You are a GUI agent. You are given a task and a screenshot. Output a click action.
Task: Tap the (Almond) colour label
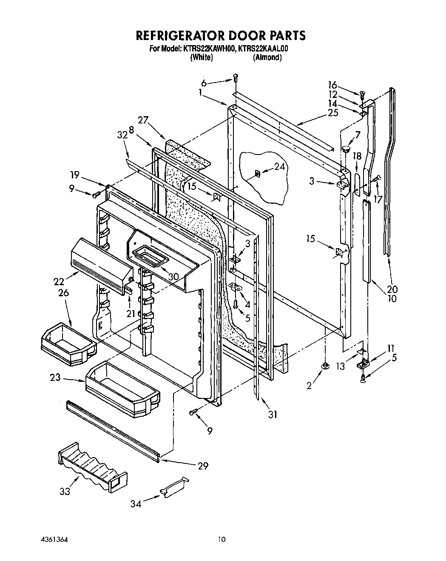tap(267, 57)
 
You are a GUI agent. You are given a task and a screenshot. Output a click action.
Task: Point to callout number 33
tap(65, 492)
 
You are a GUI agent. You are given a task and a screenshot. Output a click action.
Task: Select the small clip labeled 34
tap(174, 487)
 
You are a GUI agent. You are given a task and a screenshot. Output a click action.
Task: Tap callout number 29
tap(203, 466)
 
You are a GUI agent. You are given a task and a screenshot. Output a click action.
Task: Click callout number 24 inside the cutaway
tap(279, 167)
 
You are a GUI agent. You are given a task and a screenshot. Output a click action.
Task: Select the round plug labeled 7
tap(345, 149)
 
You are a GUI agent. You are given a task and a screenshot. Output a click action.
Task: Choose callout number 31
tap(273, 414)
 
